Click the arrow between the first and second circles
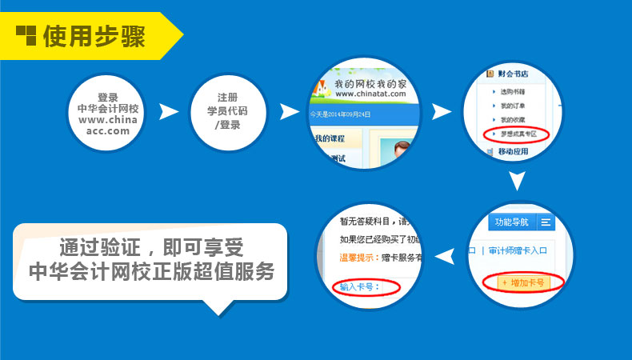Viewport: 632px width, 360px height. (x=169, y=112)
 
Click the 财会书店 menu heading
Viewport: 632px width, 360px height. (x=513, y=74)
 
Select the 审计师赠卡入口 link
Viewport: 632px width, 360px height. (x=516, y=250)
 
